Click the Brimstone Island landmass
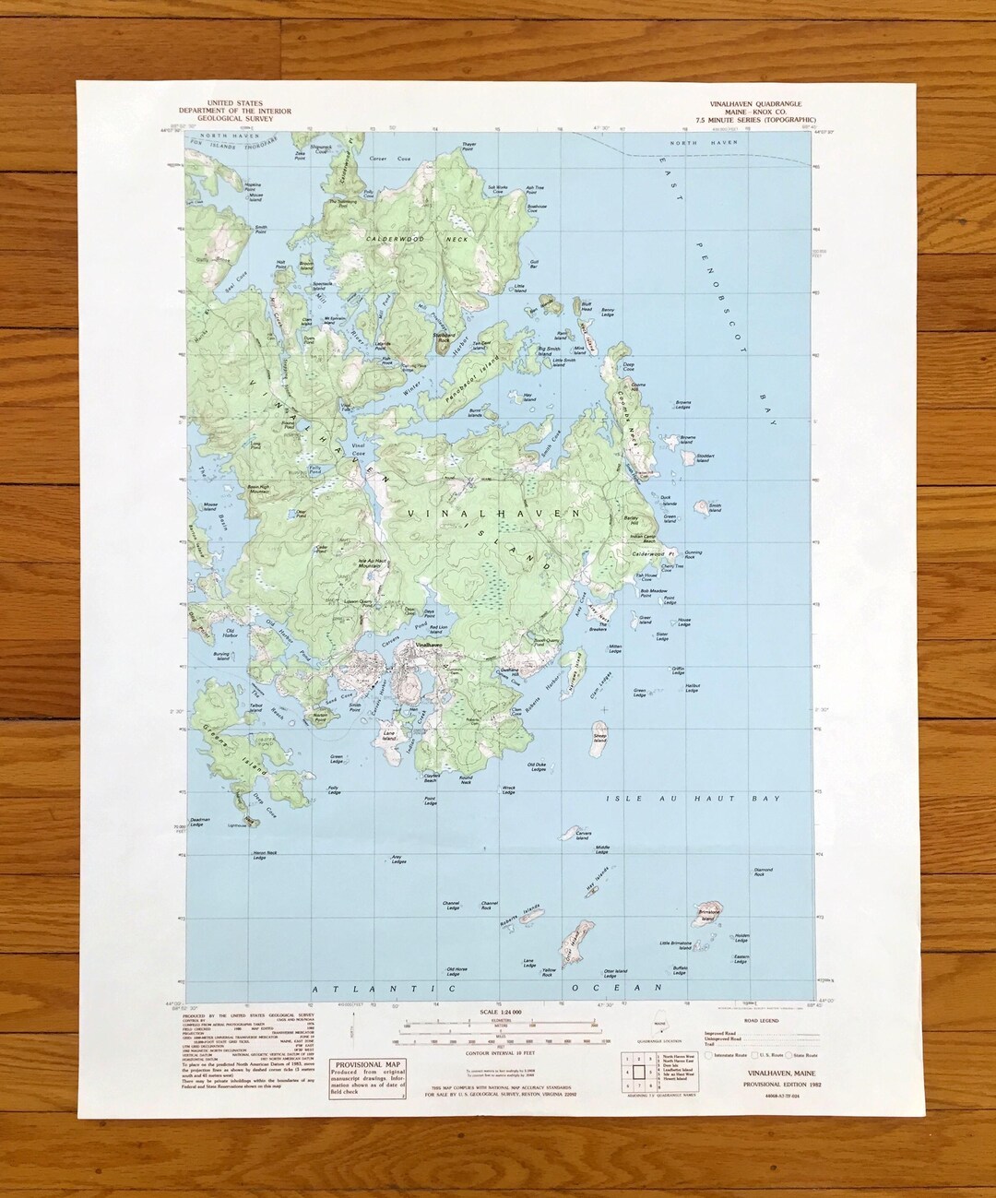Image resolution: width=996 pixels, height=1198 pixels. pyautogui.click(x=708, y=909)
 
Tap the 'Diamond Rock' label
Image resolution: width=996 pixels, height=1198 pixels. pyautogui.click(x=763, y=872)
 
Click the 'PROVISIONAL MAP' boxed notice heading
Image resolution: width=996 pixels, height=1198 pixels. pyautogui.click(x=364, y=1064)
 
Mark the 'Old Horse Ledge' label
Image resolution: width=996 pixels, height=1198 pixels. pyautogui.click(x=456, y=970)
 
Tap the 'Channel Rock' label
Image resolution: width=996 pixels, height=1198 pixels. pyautogui.click(x=490, y=905)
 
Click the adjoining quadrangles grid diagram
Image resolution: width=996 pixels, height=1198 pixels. pyautogui.click(x=637, y=1072)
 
